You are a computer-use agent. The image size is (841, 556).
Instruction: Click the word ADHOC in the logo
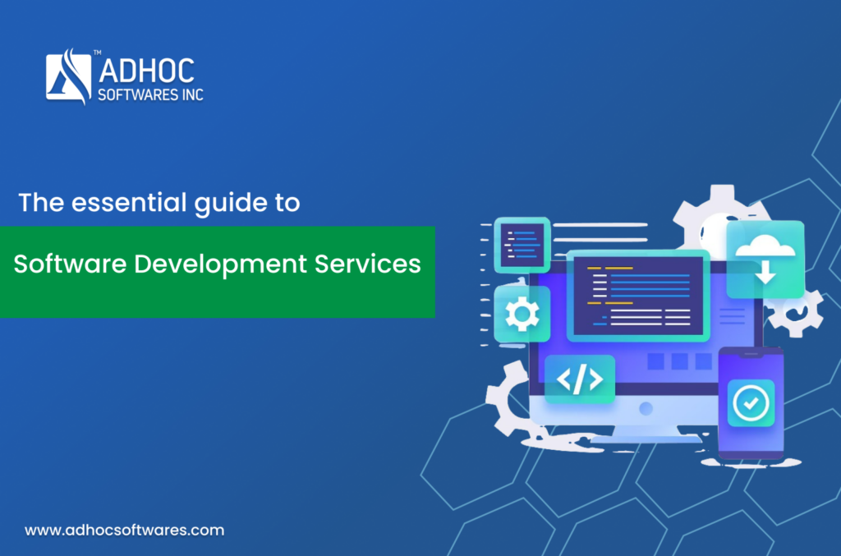(146, 71)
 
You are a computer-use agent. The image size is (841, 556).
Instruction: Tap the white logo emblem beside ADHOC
(69, 76)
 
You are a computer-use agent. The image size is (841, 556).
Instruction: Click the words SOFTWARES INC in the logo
(151, 95)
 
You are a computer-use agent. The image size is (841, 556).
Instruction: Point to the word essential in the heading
(129, 203)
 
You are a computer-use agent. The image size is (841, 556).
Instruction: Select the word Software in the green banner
(70, 264)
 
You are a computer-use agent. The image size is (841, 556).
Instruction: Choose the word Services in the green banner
(367, 264)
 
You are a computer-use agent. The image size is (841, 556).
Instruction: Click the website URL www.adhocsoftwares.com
(125, 531)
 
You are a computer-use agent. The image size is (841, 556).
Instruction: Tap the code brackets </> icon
(580, 379)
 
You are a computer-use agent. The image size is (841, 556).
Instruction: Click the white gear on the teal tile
(522, 315)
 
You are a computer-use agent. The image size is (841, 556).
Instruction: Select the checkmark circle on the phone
(751, 402)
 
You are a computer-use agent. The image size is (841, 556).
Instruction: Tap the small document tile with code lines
(522, 245)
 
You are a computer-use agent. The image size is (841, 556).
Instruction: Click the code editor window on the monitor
(638, 296)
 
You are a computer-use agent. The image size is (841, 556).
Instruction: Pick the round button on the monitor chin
(646, 409)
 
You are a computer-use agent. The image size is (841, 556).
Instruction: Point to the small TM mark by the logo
(97, 53)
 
